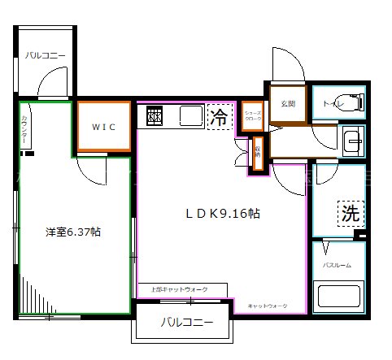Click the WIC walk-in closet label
click(x=102, y=127)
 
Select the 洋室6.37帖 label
click(x=73, y=232)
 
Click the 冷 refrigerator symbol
click(x=218, y=117)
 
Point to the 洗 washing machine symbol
click(x=350, y=215)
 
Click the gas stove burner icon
click(x=155, y=117)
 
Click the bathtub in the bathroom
click(x=340, y=294)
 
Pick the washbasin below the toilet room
click(x=352, y=141)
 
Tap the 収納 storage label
click(x=258, y=154)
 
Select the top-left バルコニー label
click(x=45, y=55)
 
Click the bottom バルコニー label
click(x=186, y=323)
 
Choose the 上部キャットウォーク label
click(x=180, y=289)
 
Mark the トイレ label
click(x=332, y=104)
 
